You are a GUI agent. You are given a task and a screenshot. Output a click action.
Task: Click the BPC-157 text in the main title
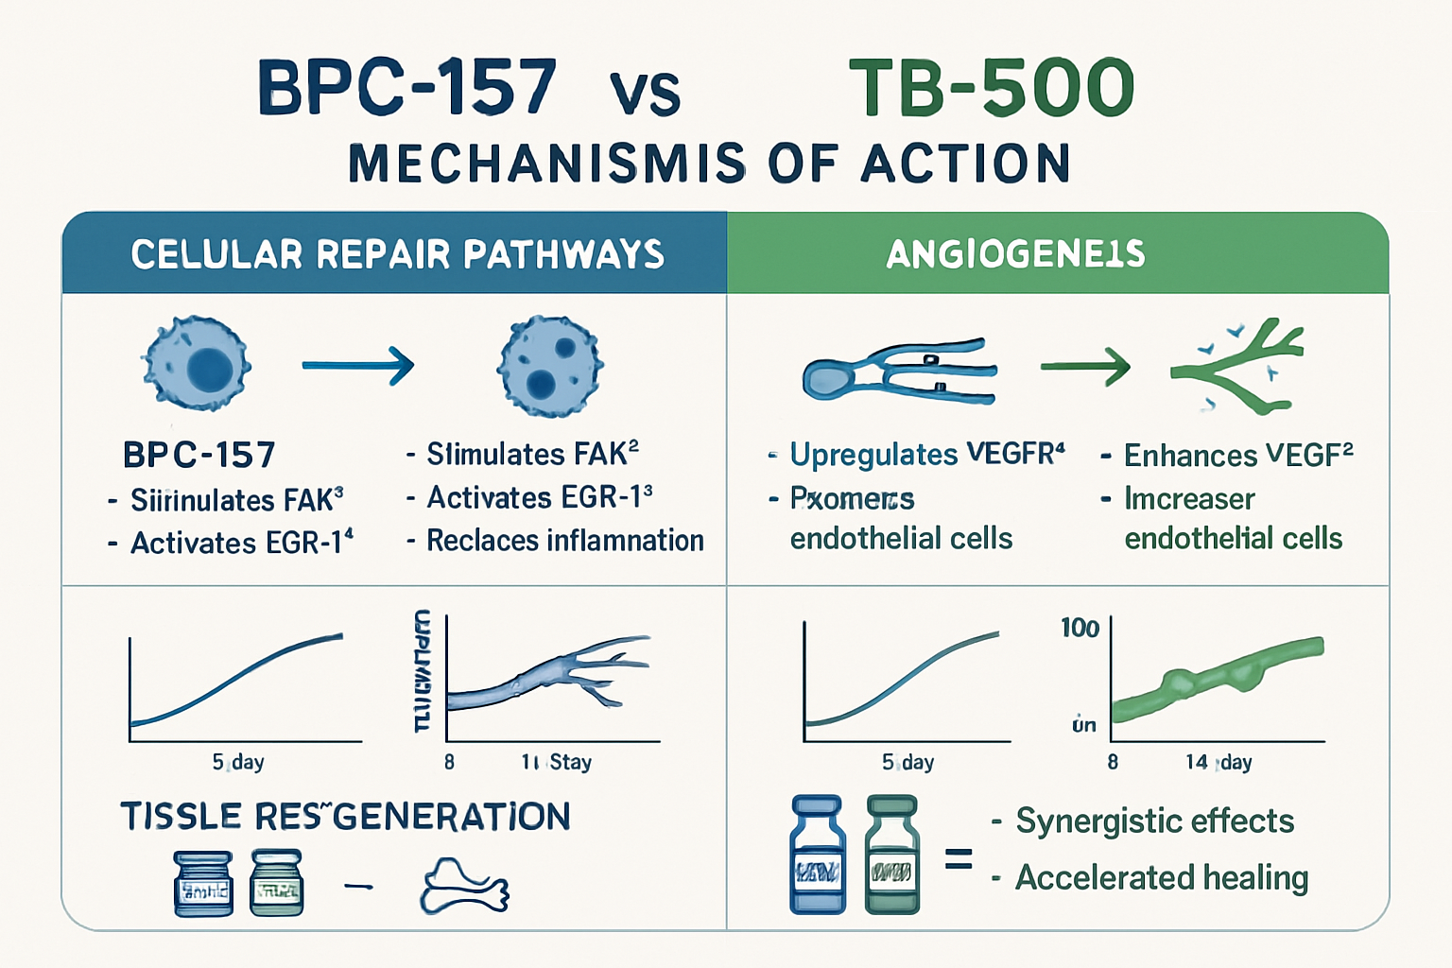[x=406, y=87]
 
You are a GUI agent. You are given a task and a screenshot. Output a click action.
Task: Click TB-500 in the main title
[x=991, y=87]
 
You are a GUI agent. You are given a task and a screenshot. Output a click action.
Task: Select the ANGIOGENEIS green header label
[x=1015, y=253]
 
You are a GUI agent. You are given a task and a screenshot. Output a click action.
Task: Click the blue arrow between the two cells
[x=357, y=365]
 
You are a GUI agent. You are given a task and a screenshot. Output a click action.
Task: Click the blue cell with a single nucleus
[x=197, y=363]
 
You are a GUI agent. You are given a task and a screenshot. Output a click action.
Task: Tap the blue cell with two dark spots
[x=549, y=367]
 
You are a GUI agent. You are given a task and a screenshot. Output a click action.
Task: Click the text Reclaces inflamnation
[x=564, y=541]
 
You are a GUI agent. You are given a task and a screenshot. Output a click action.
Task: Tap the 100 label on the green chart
[x=1079, y=628]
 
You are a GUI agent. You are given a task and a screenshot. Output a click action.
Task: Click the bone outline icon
[x=464, y=887]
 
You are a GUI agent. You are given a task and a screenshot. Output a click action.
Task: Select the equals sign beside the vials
[x=959, y=859]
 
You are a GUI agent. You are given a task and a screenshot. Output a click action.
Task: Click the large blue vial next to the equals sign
[x=817, y=855]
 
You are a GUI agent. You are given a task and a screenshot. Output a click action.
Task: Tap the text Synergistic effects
[x=1154, y=821]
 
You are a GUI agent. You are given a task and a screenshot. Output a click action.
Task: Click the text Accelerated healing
[x=1161, y=877]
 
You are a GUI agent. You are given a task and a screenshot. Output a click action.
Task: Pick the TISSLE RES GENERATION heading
[x=345, y=816]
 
